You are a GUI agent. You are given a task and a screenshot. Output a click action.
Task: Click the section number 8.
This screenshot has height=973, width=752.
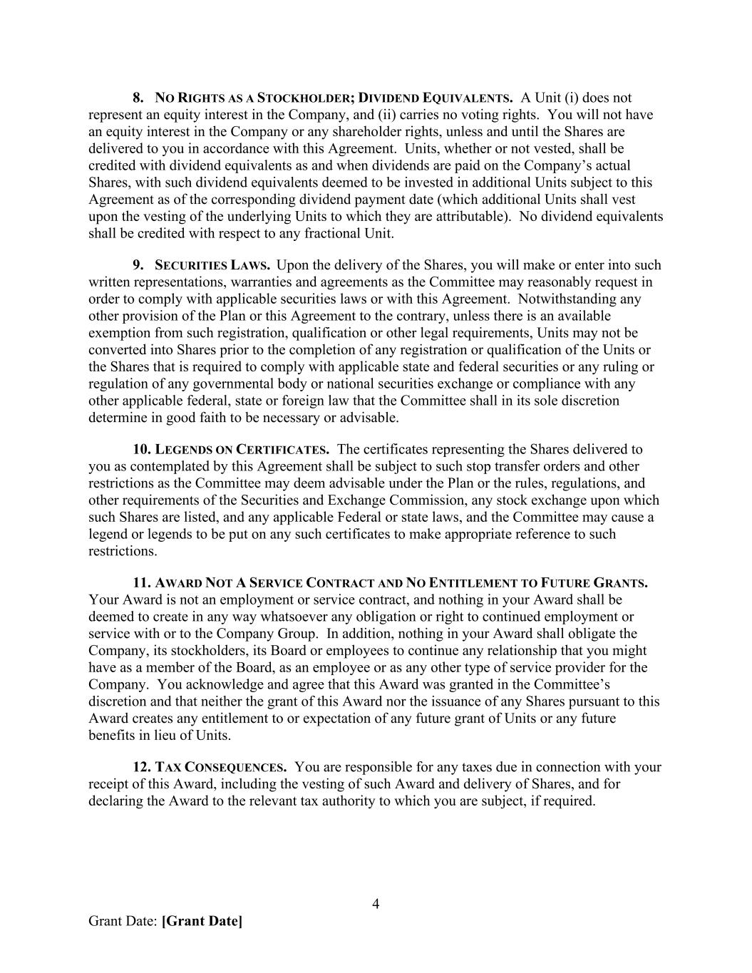[138, 98]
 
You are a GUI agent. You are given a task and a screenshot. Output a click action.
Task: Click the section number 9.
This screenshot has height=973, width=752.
[138, 265]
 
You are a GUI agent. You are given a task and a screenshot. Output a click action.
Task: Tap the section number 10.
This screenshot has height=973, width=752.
[141, 449]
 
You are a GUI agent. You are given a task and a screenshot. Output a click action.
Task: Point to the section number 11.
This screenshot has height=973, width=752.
[141, 582]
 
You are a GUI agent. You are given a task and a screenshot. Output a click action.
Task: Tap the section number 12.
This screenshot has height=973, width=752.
[141, 767]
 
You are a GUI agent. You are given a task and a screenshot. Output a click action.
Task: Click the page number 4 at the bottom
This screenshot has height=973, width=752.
[376, 905]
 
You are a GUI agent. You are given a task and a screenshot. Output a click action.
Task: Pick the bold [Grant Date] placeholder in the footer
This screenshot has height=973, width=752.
[202, 921]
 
